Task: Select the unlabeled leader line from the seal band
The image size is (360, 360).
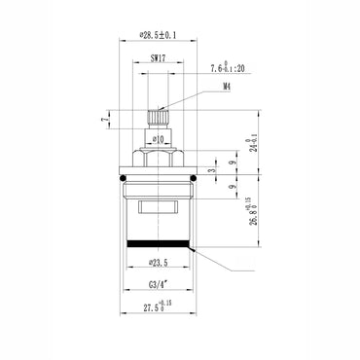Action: coord(219,263)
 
